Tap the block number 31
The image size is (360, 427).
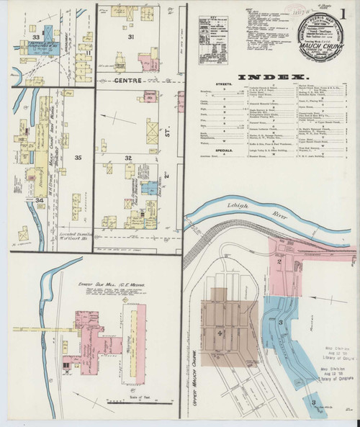(131, 37)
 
